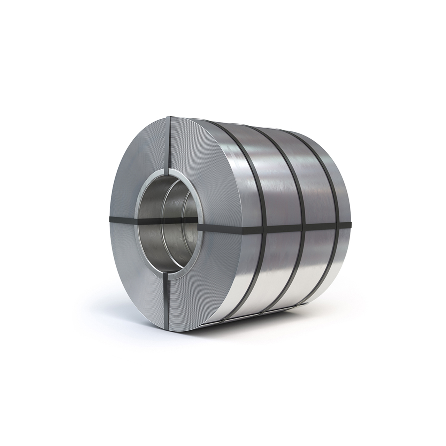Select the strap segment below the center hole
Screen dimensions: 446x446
(x=168, y=296)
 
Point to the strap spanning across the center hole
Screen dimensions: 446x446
(x=164, y=220)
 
